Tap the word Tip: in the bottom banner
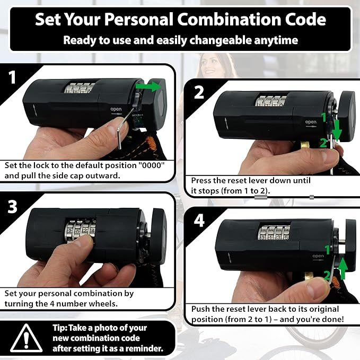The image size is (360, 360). click(64, 329)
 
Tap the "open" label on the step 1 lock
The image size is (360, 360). click(117, 110)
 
